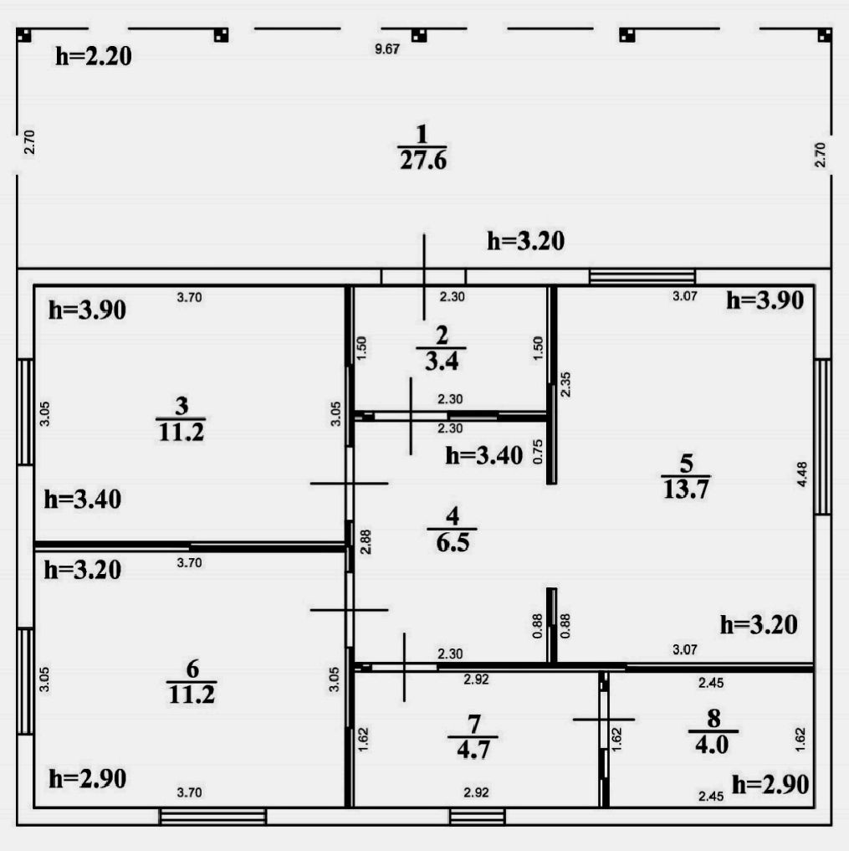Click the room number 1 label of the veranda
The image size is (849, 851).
point(422,133)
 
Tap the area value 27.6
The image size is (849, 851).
point(422,160)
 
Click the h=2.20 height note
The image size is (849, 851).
point(94,57)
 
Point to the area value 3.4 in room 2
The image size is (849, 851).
point(441,361)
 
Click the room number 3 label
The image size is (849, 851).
point(181,405)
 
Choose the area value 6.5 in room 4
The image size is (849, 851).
point(452,543)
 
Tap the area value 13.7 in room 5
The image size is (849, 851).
point(685,490)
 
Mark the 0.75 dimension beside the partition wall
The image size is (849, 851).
point(539,452)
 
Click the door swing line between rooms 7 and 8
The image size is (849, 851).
point(604,719)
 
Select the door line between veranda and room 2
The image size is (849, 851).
point(424,276)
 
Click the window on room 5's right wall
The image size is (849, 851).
point(822,436)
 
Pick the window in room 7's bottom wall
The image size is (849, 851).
point(477,816)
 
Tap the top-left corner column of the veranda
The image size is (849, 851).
point(24,35)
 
